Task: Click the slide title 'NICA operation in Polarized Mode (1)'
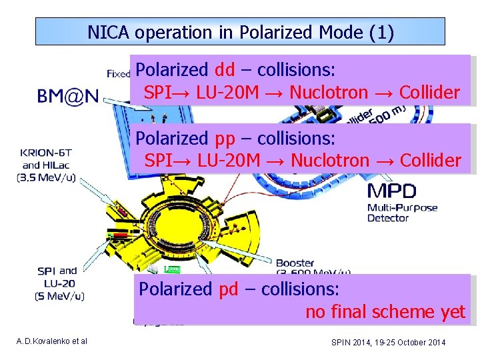pos(240,31)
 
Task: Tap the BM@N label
pos(68,97)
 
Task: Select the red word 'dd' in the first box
pos(225,70)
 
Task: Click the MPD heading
pos(391,192)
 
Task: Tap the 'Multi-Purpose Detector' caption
pos(403,213)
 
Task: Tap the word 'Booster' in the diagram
pos(295,263)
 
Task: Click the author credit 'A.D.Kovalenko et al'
pos(52,342)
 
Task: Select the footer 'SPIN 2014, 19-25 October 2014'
pos(389,342)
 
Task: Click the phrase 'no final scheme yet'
pos(385,312)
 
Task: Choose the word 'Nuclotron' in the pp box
pos(329,161)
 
